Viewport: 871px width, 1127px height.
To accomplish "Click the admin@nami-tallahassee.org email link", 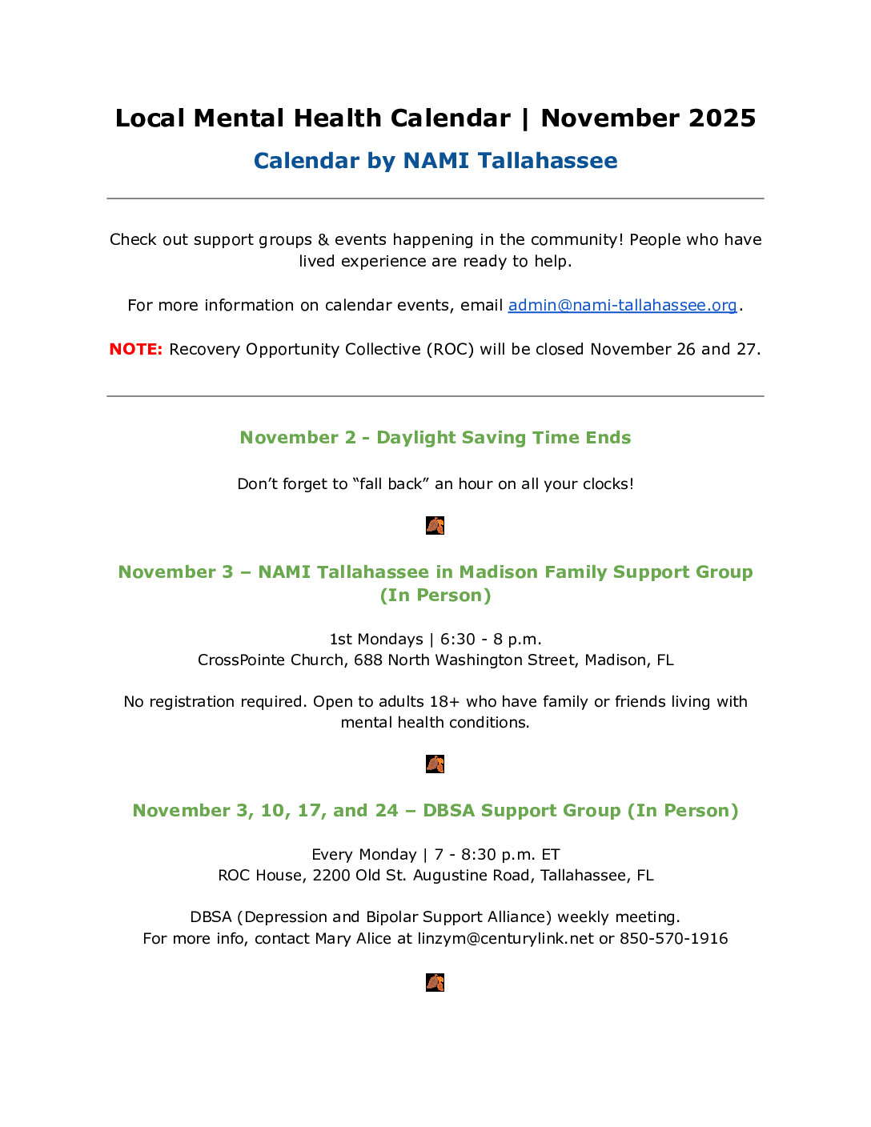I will [x=622, y=305].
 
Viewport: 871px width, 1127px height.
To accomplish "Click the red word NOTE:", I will [x=135, y=349].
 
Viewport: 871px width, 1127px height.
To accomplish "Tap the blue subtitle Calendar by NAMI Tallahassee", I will [x=435, y=161].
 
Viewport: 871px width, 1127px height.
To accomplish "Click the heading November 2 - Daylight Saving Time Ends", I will [x=435, y=438].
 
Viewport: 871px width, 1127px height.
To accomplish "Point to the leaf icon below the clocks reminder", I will [x=435, y=526].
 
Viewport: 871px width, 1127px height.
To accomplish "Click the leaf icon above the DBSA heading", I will [x=435, y=764].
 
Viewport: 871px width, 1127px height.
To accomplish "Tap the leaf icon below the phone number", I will [x=435, y=982].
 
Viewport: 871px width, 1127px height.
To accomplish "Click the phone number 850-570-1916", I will [x=673, y=938].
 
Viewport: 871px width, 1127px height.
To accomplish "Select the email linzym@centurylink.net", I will [x=506, y=938].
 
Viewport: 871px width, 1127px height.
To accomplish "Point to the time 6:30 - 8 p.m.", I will [x=491, y=640].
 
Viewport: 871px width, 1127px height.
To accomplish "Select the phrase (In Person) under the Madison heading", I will [x=435, y=596].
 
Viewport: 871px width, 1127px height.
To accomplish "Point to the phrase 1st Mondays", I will [x=375, y=640].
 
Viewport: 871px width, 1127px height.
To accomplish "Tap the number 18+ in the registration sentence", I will [x=444, y=702].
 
